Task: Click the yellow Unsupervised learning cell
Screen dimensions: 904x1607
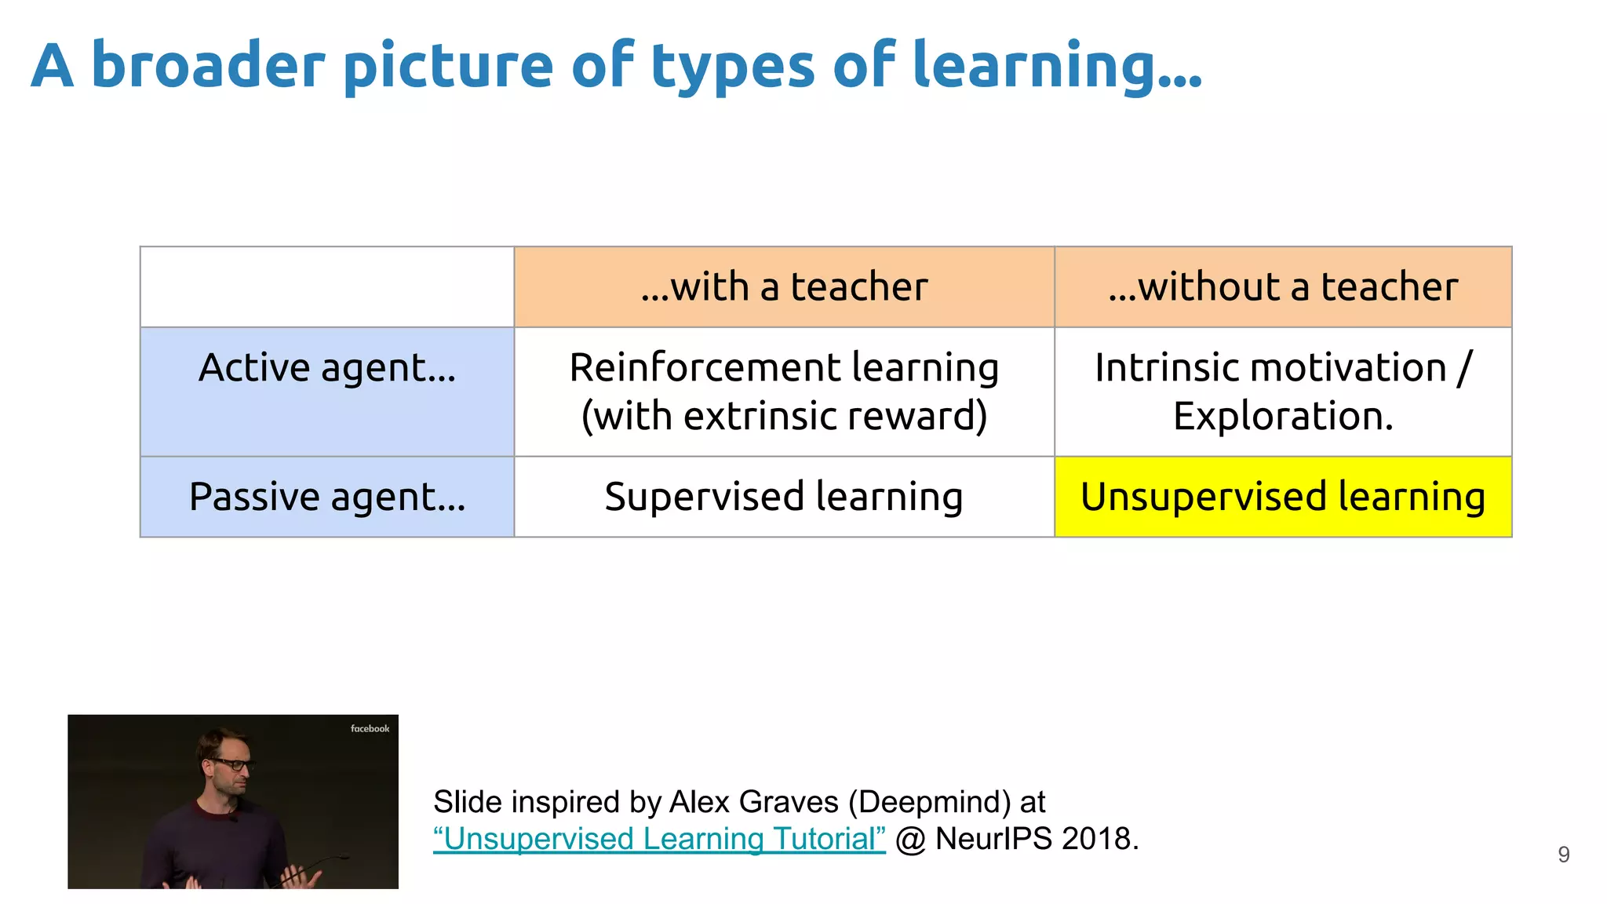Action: pyautogui.click(x=1282, y=497)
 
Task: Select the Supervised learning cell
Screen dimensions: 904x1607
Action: pyautogui.click(x=783, y=497)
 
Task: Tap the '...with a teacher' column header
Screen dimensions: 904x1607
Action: pyautogui.click(x=783, y=286)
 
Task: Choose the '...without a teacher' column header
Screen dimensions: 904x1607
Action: pyautogui.click(x=1282, y=286)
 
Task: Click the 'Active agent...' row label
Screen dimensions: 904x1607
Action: pyautogui.click(x=326, y=368)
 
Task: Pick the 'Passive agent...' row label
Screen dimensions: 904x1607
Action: pyautogui.click(x=326, y=497)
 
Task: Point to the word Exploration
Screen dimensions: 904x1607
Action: pyautogui.click(x=1282, y=416)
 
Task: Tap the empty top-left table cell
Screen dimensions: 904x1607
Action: pyautogui.click(x=326, y=286)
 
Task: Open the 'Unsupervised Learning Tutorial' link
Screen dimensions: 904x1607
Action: pyautogui.click(x=659, y=839)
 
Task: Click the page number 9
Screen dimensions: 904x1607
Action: pyautogui.click(x=1563, y=855)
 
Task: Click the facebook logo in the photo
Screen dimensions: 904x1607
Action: pyautogui.click(x=370, y=729)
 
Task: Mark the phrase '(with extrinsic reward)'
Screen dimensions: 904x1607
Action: pyautogui.click(x=783, y=416)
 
